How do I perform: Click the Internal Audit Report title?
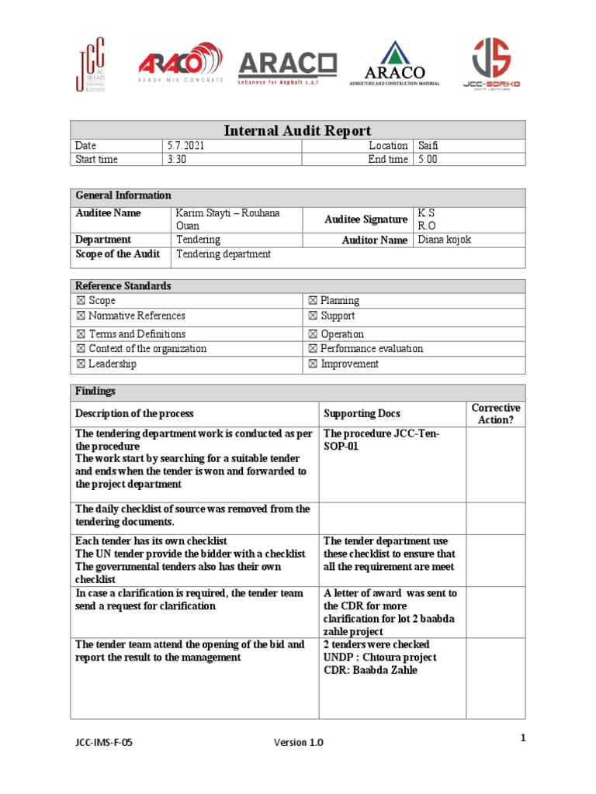click(298, 130)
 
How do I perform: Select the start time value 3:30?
click(176, 160)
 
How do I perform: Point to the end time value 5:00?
click(428, 160)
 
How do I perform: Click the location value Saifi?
click(428, 146)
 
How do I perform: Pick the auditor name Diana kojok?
click(444, 240)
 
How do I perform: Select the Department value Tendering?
click(198, 240)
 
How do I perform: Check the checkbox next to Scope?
click(81, 301)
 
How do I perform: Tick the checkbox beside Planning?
click(313, 301)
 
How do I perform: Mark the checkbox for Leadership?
click(81, 364)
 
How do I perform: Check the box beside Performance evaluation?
click(313, 349)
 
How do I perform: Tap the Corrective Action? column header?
click(495, 413)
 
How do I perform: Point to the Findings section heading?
click(95, 392)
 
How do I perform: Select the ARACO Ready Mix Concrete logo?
click(180, 64)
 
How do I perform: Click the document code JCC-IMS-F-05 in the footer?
click(99, 742)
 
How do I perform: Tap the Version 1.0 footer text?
click(298, 742)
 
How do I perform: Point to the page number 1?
click(523, 737)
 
